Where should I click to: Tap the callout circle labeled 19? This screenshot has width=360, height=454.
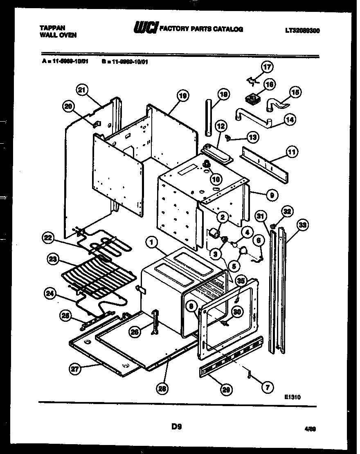pos(182,96)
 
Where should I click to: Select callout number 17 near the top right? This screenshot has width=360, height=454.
pos(267,67)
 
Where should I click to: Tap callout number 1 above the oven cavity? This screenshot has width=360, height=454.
pos(152,243)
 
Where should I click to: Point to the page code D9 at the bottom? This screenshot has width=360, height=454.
pos(176,427)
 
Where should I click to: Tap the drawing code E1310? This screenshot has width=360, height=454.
pos(294,396)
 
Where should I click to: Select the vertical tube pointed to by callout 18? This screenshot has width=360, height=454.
pos(209,117)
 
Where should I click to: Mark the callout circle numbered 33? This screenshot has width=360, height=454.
pos(303,225)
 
